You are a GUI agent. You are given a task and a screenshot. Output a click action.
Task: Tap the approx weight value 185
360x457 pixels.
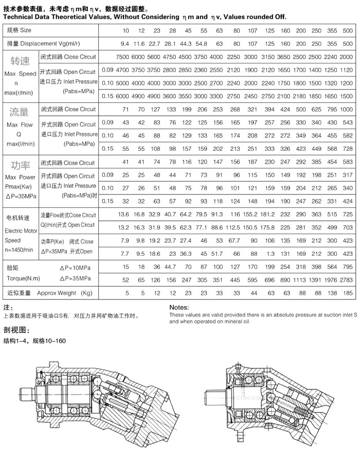point(348,293)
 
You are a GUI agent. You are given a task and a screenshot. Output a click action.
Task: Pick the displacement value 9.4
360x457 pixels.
point(124,44)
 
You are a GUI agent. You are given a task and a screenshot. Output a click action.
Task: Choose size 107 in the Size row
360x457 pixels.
point(252,31)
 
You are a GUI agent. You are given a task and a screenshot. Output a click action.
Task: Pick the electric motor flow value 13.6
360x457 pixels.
point(123,214)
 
